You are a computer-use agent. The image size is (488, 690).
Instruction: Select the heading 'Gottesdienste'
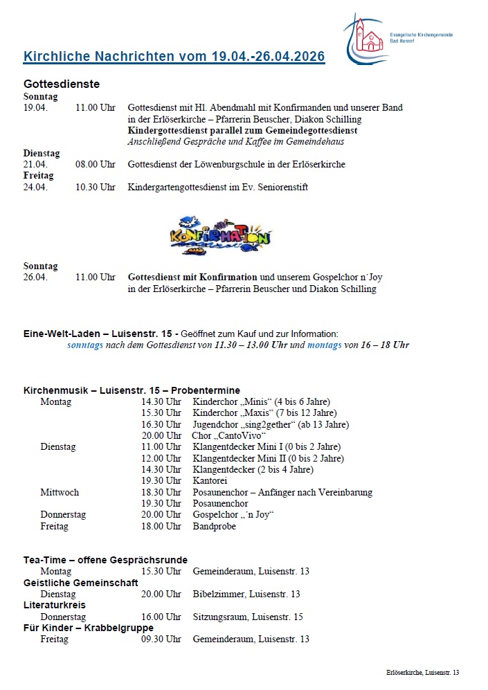pos(62,84)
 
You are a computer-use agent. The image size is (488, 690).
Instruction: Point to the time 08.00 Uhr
pos(96,165)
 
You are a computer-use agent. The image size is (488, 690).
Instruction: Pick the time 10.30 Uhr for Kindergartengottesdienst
pos(96,188)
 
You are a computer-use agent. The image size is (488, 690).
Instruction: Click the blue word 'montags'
pos(325,345)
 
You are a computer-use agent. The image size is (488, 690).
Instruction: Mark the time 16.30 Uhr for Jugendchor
pos(161,424)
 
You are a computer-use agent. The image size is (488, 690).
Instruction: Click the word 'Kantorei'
pos(210,481)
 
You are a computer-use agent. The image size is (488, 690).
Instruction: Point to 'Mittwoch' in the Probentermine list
pos(60,493)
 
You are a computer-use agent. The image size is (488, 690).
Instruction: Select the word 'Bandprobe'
pos(215,527)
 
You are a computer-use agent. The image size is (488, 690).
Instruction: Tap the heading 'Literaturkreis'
pos(55,606)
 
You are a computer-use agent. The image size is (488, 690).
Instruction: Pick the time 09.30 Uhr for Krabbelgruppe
pos(161,639)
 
